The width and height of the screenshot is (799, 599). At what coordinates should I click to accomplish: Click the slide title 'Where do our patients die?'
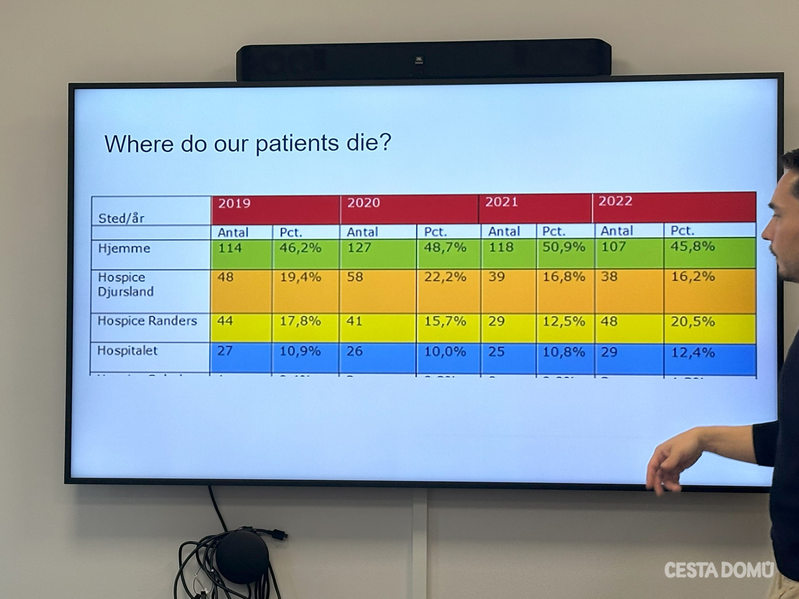click(248, 144)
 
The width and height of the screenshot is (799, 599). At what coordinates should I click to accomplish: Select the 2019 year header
click(234, 203)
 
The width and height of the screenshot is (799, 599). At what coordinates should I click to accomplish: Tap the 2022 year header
click(615, 201)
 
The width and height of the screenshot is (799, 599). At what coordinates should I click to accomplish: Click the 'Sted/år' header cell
click(121, 218)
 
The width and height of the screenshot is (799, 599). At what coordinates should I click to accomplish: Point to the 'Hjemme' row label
click(124, 248)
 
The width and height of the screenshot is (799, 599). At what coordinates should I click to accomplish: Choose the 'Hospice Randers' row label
click(147, 321)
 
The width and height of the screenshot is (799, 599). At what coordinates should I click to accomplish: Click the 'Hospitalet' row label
click(127, 351)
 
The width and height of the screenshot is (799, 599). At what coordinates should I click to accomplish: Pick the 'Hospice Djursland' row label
click(126, 285)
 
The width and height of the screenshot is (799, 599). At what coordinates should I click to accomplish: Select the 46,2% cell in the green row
click(300, 248)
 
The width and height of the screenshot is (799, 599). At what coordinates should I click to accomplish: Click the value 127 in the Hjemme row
click(359, 248)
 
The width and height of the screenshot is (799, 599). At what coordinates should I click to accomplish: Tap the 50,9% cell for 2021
click(563, 247)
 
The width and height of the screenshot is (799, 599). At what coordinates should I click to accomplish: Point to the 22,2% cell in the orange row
click(445, 277)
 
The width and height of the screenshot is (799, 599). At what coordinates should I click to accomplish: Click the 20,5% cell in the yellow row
click(692, 322)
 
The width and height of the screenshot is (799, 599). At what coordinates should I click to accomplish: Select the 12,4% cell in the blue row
click(693, 353)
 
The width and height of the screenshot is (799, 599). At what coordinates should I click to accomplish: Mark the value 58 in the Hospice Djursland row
click(355, 277)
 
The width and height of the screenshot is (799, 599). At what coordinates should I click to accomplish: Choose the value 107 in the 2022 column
click(613, 247)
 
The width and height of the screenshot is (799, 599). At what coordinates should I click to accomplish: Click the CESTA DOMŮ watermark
click(719, 570)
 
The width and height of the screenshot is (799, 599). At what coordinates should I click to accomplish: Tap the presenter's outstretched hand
click(670, 462)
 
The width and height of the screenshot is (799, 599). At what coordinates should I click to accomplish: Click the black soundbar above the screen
click(423, 60)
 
